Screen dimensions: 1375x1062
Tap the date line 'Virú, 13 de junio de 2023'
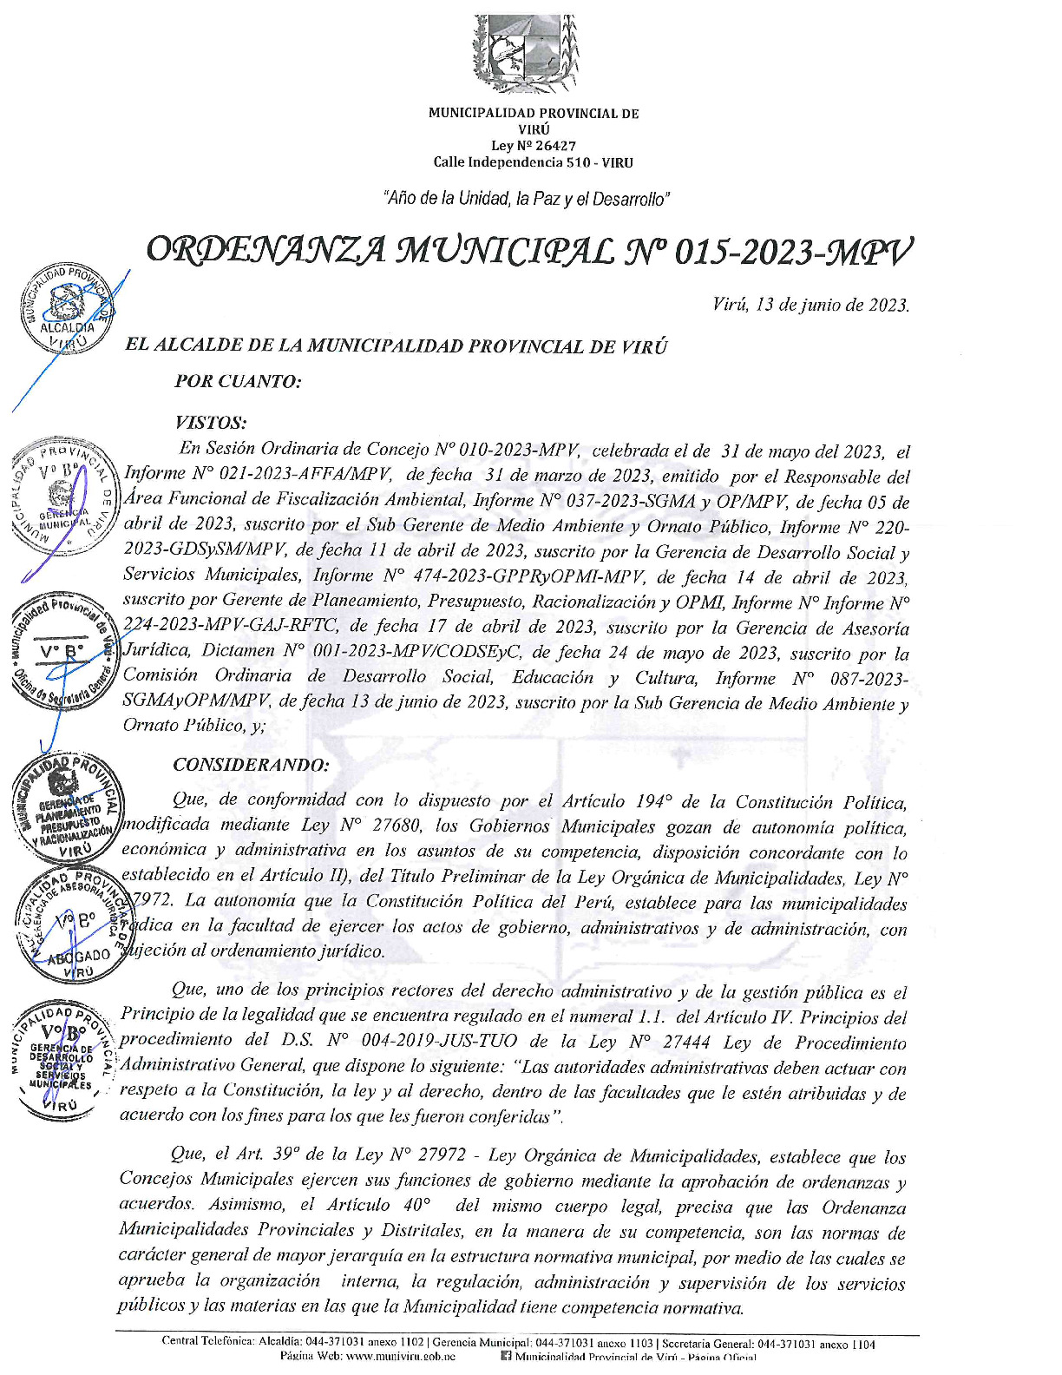point(810,305)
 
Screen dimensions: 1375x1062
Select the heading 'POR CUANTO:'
point(238,381)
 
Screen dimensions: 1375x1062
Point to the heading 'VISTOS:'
point(211,423)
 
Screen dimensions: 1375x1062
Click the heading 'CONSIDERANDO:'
point(251,765)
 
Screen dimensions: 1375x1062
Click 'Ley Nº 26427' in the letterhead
point(533,146)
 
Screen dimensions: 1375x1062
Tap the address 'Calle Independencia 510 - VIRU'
point(533,162)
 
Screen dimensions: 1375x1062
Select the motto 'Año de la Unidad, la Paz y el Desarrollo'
point(526,199)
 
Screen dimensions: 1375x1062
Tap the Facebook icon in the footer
point(506,1356)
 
